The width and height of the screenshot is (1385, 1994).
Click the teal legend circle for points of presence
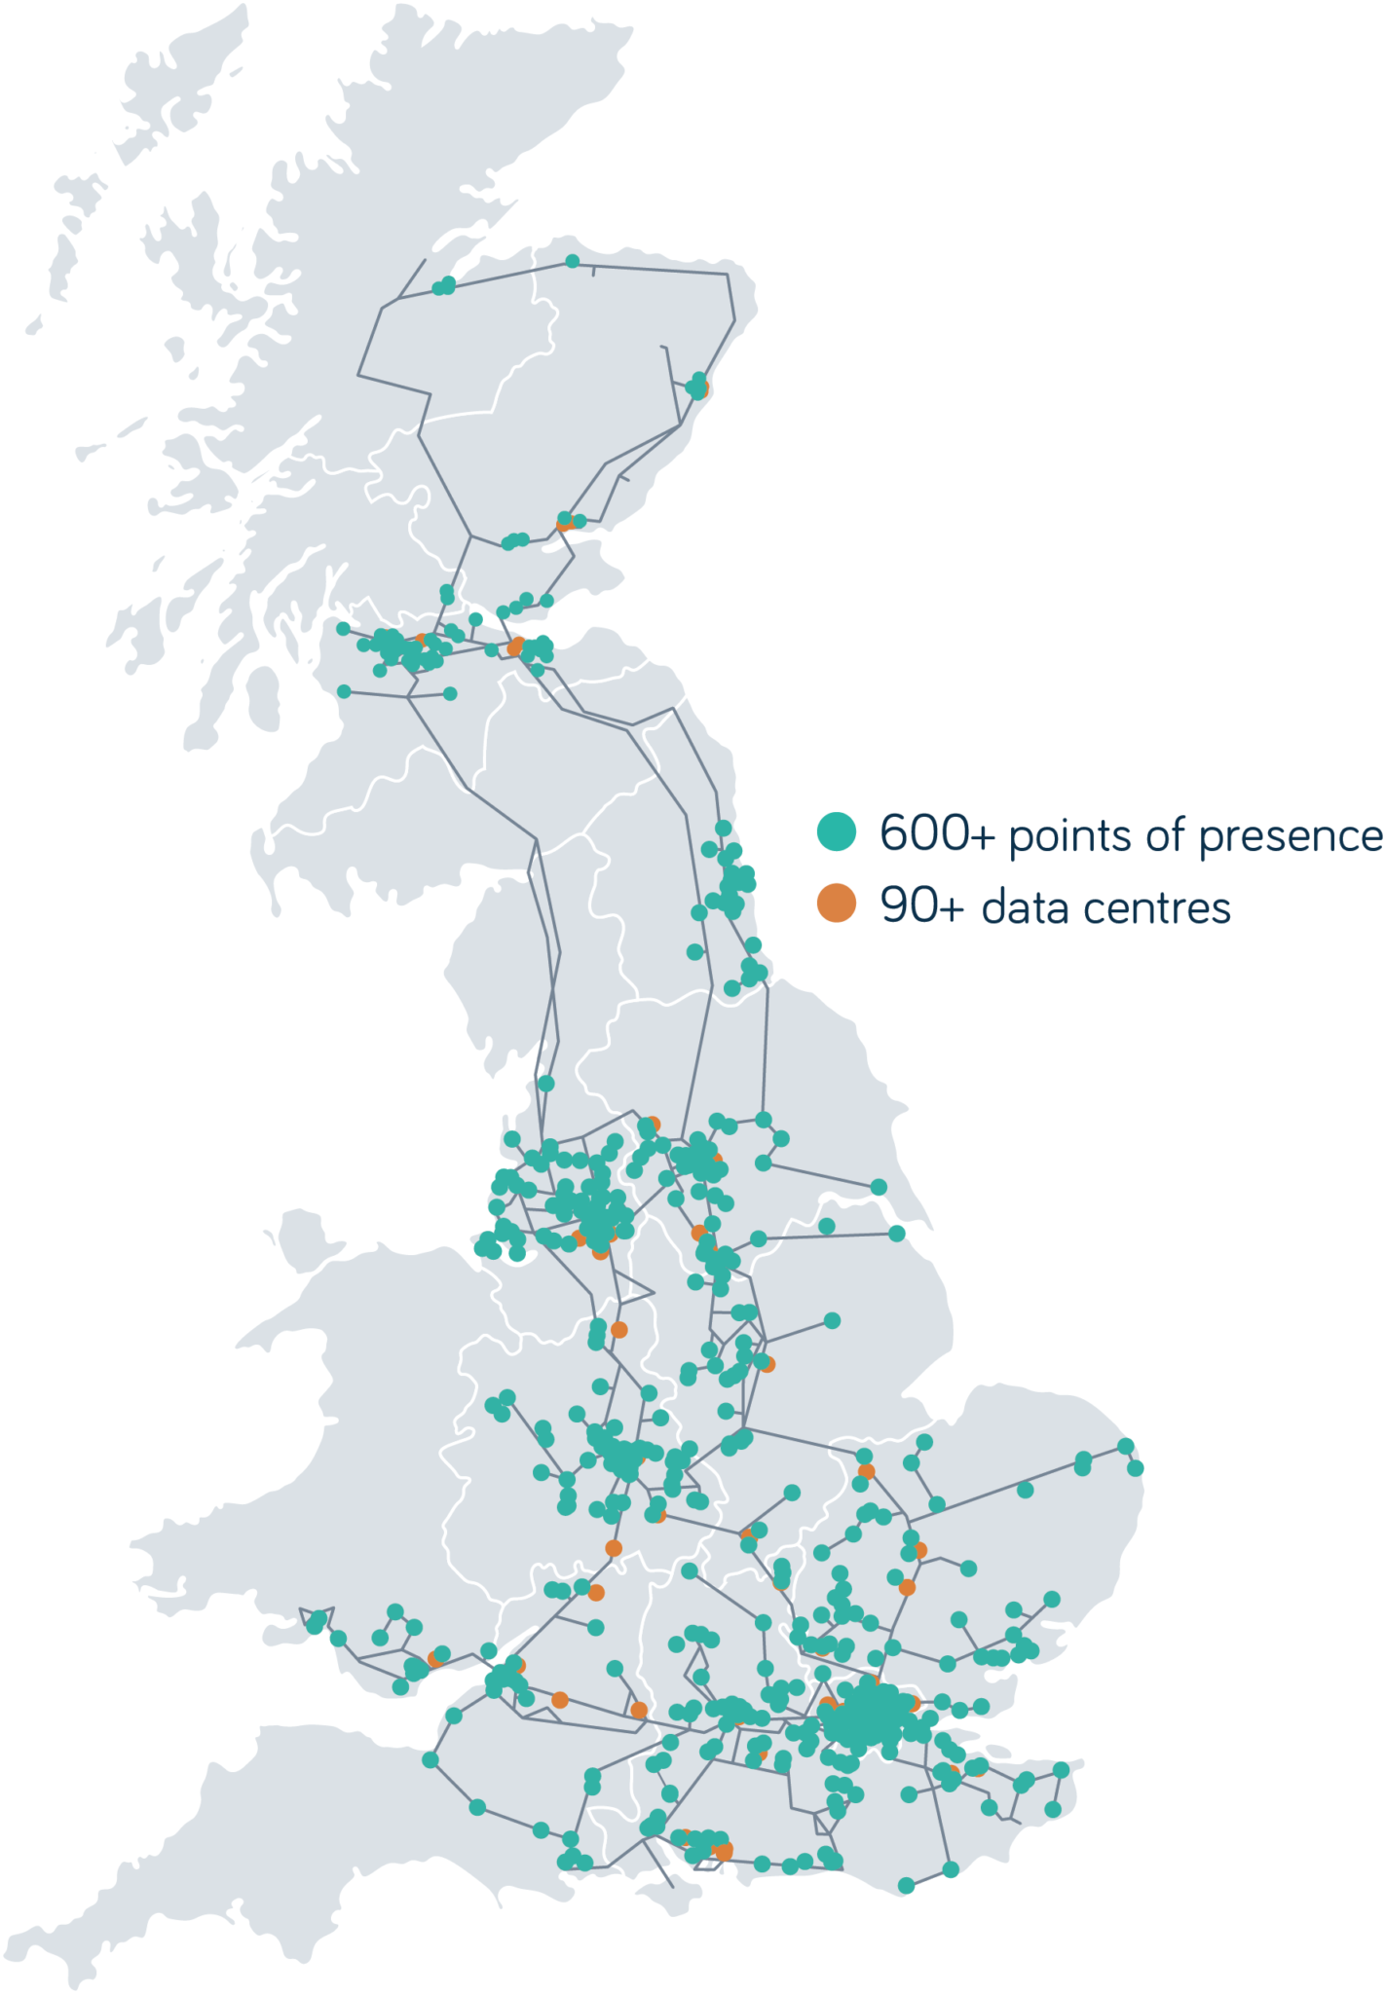tap(836, 831)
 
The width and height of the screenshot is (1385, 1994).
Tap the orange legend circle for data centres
tap(836, 904)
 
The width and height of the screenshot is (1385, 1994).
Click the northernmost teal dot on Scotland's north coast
tap(573, 261)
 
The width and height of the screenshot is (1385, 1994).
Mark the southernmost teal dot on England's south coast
tap(906, 1886)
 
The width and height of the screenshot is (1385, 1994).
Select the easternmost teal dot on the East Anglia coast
tap(1136, 1467)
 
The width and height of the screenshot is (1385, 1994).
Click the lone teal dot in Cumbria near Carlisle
tap(545, 1083)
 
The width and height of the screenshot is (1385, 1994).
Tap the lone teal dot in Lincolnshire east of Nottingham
tap(832, 1320)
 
